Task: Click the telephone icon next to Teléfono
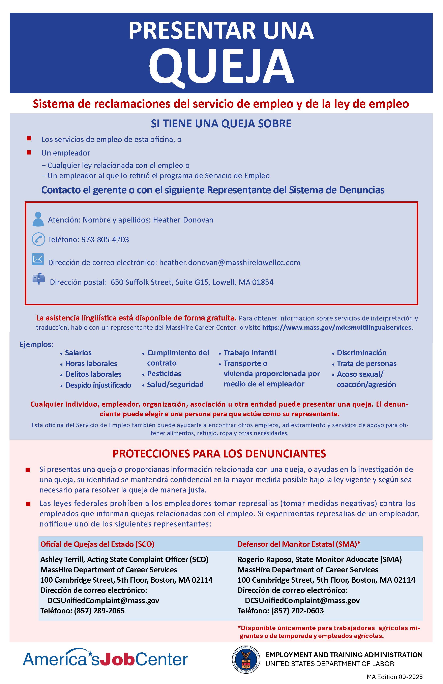[x=38, y=239]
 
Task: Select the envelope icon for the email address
[x=38, y=259]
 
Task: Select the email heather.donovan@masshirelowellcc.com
[x=230, y=263]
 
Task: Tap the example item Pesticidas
[x=164, y=374]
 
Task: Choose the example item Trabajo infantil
[x=250, y=353]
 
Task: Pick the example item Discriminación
[x=361, y=353]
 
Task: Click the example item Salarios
[x=78, y=353]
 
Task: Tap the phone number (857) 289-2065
[x=99, y=611]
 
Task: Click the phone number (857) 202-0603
[x=297, y=611]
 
